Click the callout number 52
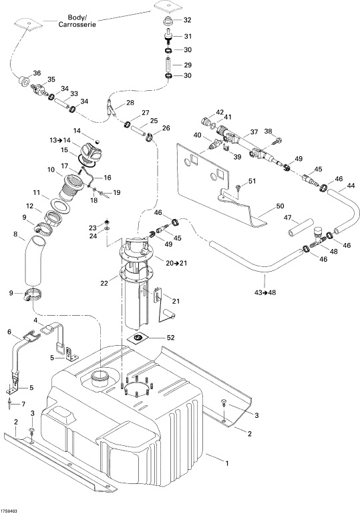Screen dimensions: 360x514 tap(171, 337)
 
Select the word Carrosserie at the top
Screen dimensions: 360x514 tap(77, 25)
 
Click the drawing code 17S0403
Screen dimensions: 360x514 tap(9, 511)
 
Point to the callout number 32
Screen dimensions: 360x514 tap(187, 20)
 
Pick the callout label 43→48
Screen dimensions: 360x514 tap(265, 292)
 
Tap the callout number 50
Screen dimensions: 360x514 tap(280, 206)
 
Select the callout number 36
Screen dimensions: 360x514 tap(37, 73)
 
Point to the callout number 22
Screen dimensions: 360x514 tap(104, 282)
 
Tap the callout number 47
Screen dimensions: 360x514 tap(288, 218)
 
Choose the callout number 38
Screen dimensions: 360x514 tap(268, 132)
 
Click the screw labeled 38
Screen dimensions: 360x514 tap(277, 142)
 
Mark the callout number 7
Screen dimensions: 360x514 tap(23, 404)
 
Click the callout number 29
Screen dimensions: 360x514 tap(187, 65)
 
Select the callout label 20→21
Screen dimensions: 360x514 tap(176, 263)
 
